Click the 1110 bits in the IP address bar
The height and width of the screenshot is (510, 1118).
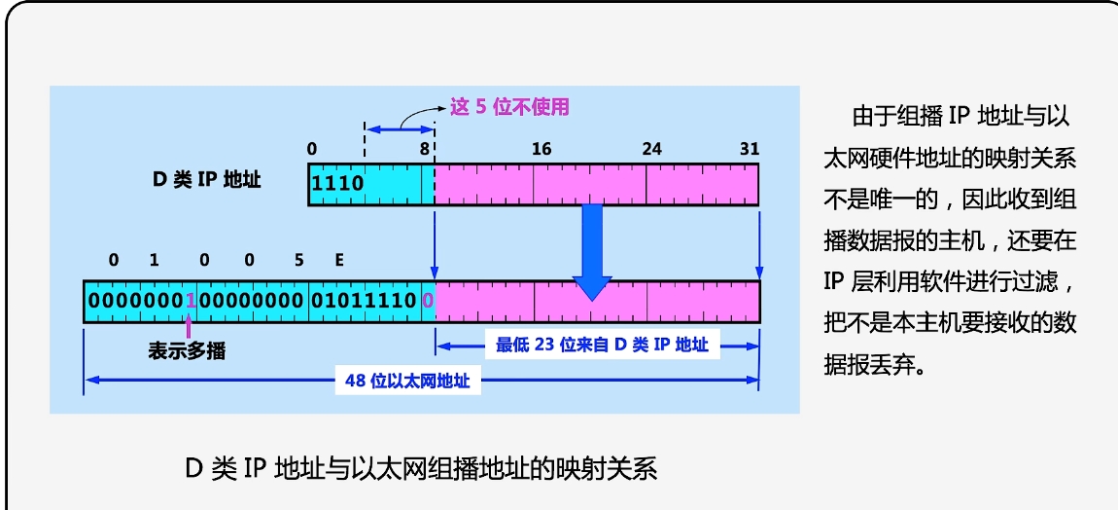tap(336, 183)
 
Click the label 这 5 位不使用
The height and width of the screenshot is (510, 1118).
tap(509, 107)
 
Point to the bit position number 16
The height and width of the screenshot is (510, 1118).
tap(542, 149)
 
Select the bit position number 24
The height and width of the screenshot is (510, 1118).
tap(651, 149)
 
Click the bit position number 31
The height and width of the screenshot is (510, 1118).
tap(749, 149)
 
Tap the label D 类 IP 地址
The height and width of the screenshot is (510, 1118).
tap(206, 180)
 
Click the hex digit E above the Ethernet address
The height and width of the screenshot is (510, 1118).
tap(339, 260)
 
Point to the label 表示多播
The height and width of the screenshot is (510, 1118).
tap(187, 350)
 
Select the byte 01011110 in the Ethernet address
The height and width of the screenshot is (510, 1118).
tap(365, 302)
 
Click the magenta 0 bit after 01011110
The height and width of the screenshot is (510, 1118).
tap(428, 302)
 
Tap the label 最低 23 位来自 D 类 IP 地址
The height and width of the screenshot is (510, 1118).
tap(602, 345)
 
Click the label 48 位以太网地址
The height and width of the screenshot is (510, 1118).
tap(407, 381)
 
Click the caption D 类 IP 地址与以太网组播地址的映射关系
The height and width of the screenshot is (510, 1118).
tap(421, 469)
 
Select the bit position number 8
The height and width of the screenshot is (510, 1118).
tap(424, 149)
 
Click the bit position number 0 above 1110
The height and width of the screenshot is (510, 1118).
tap(311, 149)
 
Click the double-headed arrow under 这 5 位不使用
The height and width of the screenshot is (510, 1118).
tap(399, 129)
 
